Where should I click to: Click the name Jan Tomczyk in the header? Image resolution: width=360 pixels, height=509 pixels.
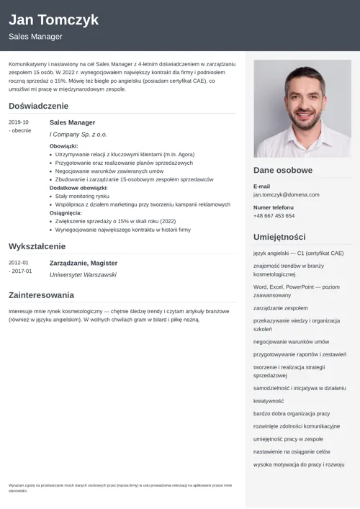53,19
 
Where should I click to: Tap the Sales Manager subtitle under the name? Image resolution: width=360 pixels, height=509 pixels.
35,37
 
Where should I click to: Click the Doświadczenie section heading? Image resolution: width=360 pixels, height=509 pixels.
38,106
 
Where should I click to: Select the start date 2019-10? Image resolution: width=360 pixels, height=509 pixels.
19,122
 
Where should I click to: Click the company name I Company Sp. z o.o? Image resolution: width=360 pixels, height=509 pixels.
78,135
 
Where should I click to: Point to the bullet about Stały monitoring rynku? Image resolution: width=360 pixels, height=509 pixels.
82,196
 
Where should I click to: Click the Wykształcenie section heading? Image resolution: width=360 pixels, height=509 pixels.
37,246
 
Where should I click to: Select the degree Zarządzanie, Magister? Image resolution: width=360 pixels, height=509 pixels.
83,263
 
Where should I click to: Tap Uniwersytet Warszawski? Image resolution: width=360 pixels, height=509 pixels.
83,274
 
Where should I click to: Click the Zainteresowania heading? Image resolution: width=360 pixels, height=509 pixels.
41,294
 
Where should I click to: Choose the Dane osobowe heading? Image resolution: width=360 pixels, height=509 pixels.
283,171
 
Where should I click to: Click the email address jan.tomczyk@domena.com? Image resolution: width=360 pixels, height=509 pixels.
284,194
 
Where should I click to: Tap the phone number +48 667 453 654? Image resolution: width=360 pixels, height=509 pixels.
274,215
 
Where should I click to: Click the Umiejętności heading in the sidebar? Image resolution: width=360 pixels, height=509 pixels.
279,237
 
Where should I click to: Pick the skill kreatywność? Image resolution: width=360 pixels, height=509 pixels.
269,400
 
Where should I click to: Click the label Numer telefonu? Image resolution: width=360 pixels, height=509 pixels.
274,207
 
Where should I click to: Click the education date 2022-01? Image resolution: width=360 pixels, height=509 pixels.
19,263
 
